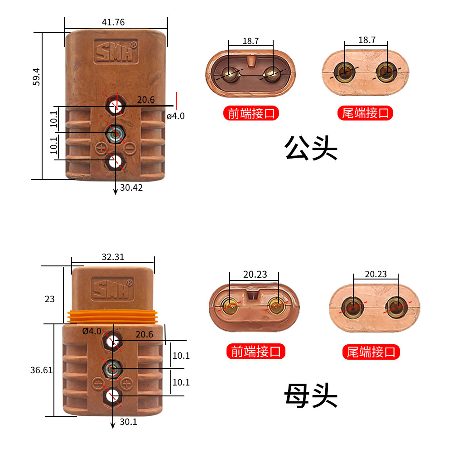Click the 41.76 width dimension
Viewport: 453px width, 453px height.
113,22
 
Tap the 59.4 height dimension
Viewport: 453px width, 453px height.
37,76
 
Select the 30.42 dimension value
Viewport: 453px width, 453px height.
131,187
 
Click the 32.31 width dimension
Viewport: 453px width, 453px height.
113,257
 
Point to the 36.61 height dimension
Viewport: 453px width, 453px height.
42,370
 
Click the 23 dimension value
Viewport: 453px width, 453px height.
49,299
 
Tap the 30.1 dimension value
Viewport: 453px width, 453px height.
129,422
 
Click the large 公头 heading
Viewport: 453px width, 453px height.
311,148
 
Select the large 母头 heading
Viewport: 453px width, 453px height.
311,395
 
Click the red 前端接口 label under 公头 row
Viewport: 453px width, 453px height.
251,113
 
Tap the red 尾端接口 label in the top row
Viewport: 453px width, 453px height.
366,113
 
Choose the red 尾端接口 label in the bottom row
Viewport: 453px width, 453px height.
371,352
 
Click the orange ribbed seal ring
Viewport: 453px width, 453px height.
113,317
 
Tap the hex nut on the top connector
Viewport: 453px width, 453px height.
116,133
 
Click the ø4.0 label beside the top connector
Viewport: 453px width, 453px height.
175,116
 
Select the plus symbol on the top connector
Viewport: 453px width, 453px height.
101,147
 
